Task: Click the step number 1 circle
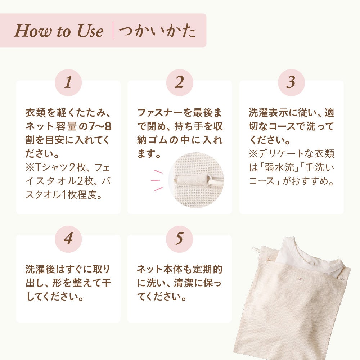68,82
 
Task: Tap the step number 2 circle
180,82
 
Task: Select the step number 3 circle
291,82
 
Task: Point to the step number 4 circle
68,239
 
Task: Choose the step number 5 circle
180,239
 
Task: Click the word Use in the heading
90,31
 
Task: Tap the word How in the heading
33,31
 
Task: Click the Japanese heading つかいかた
157,31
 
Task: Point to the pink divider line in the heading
113,30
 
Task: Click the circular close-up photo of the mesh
196,180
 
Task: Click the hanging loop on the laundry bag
256,250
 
